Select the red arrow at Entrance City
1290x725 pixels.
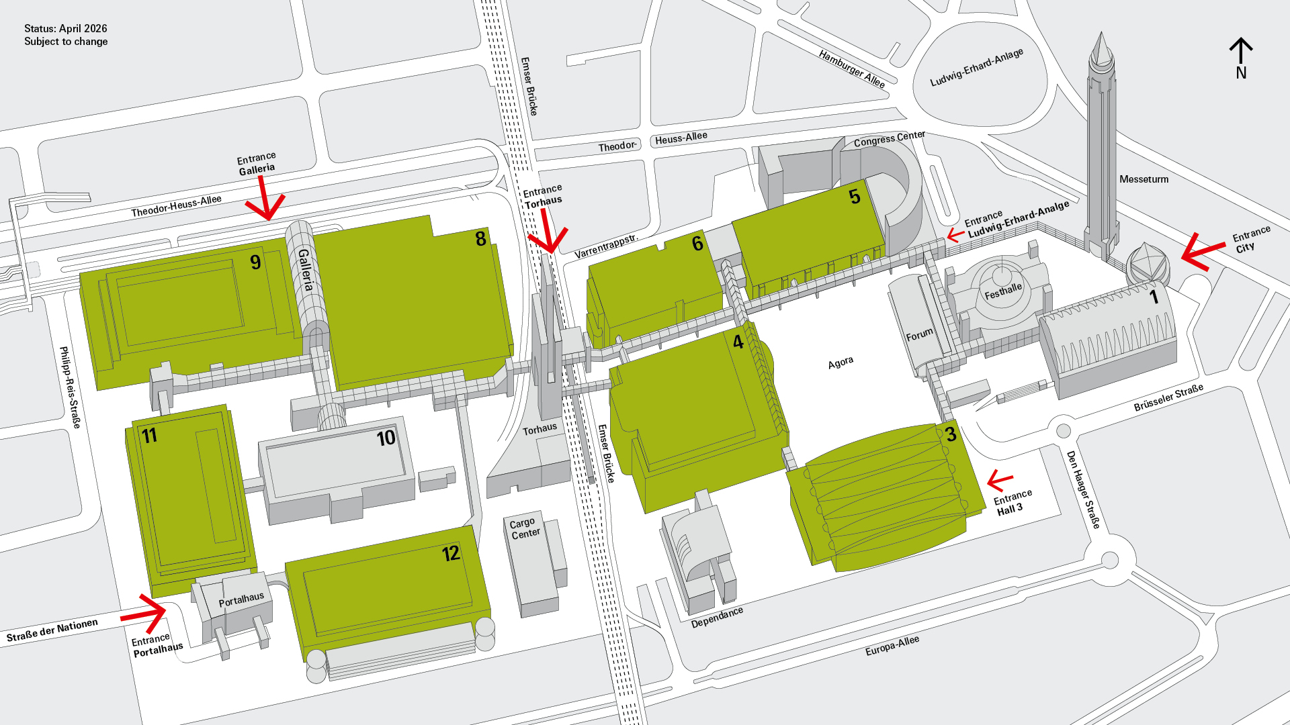[x=1202, y=252]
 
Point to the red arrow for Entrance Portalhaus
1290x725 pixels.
[x=145, y=611]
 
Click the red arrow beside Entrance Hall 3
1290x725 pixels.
[x=1000, y=480]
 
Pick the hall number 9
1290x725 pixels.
[x=255, y=262]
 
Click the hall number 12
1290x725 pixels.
[x=451, y=554]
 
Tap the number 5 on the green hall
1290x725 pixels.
[x=854, y=197]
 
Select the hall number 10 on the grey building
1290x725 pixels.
[x=386, y=438]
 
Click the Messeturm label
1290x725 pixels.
[x=1144, y=179]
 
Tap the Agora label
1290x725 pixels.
[x=841, y=363]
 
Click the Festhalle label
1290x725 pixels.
[x=1003, y=291]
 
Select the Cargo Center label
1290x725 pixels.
[x=525, y=528]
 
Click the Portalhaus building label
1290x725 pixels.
[x=241, y=599]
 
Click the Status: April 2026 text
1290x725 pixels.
[x=66, y=29]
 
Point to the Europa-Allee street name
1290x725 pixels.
[x=892, y=646]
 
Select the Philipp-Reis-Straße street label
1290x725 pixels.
[x=70, y=387]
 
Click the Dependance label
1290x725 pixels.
[x=717, y=617]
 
